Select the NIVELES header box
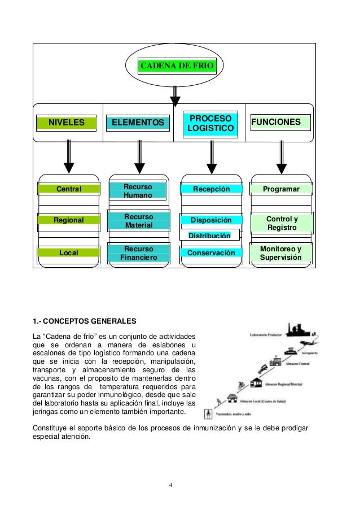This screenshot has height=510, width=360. click(x=65, y=123)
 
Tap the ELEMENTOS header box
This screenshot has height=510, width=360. click(x=138, y=123)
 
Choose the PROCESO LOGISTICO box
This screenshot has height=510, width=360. click(x=210, y=124)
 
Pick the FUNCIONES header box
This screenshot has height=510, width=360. click(x=280, y=123)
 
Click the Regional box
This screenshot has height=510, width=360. click(x=68, y=220)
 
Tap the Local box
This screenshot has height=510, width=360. click(x=68, y=252)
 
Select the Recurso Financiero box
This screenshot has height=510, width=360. click(x=139, y=254)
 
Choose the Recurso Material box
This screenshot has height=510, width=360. click(x=139, y=221)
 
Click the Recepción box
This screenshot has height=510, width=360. click(x=212, y=189)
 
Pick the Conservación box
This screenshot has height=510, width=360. click(x=212, y=253)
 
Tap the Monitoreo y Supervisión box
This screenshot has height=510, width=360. click(x=281, y=254)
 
